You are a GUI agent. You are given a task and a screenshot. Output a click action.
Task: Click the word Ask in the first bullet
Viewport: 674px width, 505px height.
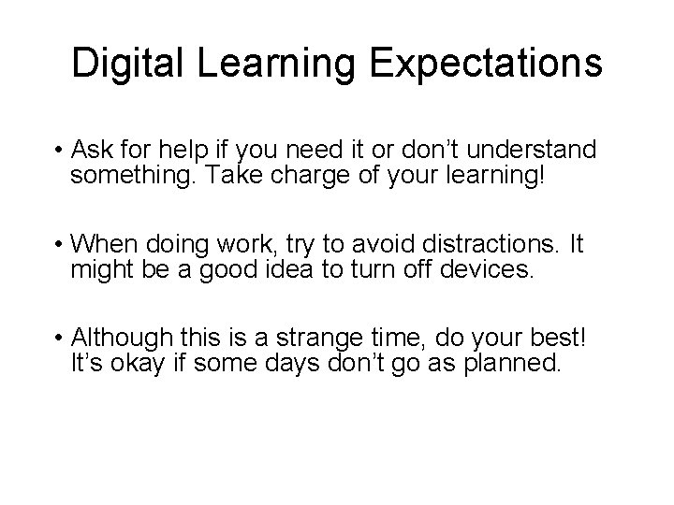(x=95, y=151)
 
